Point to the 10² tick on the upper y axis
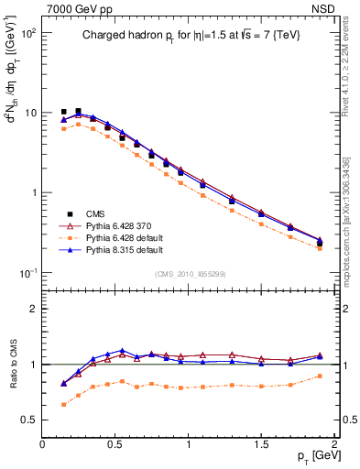point(28,33)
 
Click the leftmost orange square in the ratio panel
point(63,404)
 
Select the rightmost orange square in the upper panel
point(320,248)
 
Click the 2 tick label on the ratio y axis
point(35,309)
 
